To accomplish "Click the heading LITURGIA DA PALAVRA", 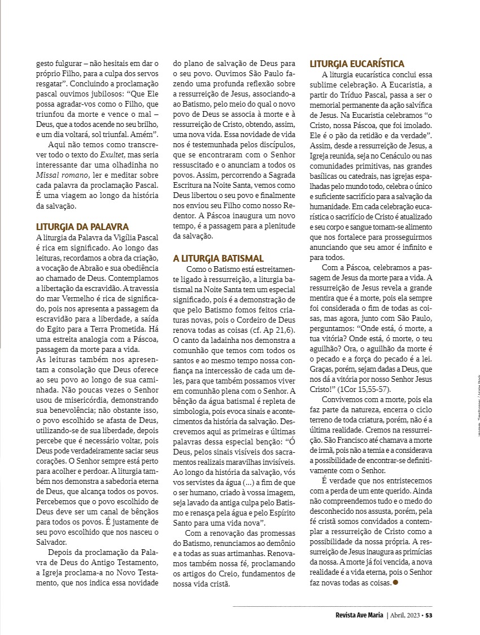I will click(82, 226).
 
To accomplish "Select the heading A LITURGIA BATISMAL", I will click(218, 258).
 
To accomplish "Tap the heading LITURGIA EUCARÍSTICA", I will click(357, 64).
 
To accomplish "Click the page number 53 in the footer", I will click(429, 615).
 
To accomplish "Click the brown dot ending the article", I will click(395, 582).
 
